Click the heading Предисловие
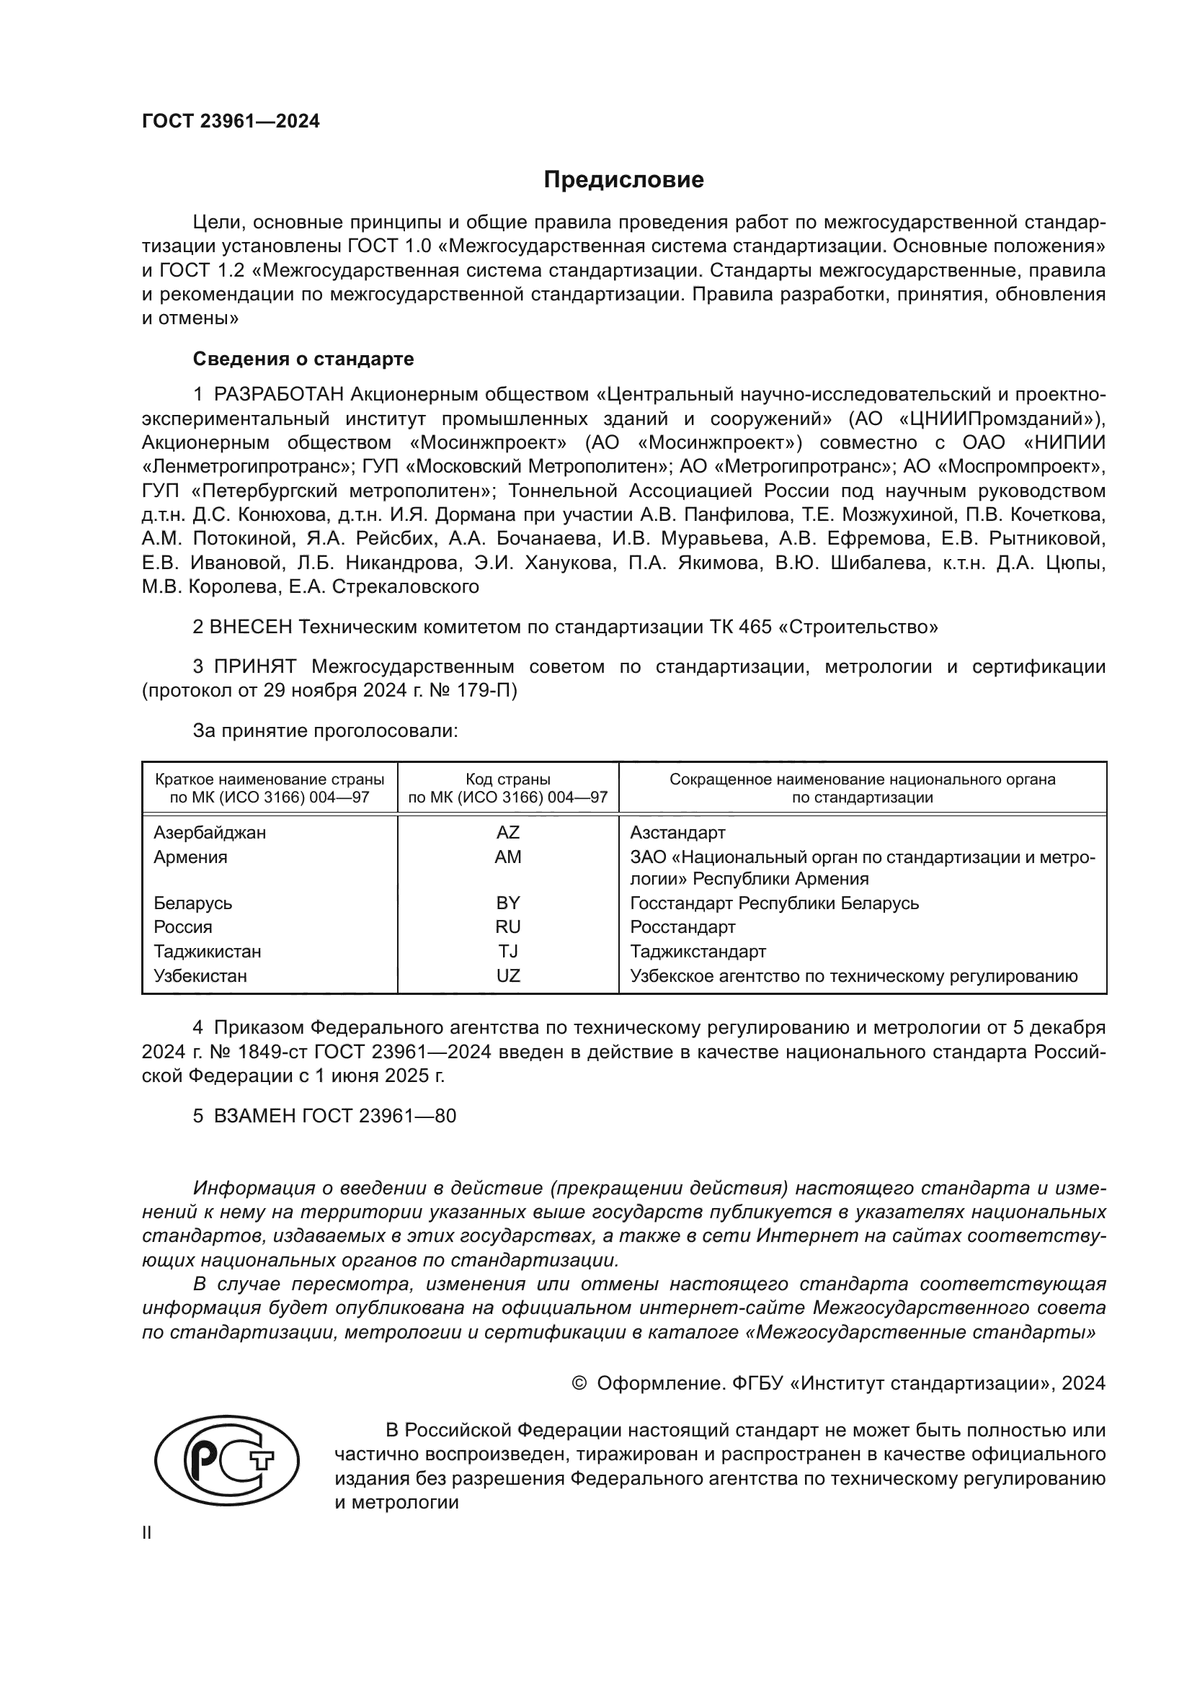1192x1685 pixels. [x=623, y=180]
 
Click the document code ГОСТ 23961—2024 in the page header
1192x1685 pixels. [x=231, y=122]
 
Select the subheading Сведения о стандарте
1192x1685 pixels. [x=303, y=359]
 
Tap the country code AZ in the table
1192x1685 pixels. [x=507, y=832]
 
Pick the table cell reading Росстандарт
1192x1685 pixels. [x=682, y=927]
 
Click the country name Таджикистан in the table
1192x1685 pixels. [x=207, y=951]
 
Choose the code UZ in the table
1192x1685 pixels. [x=507, y=975]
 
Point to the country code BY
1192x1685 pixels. [x=507, y=903]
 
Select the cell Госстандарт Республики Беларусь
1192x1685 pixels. [x=773, y=903]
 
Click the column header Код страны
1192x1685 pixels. [x=507, y=779]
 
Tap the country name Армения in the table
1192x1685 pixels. [x=190, y=857]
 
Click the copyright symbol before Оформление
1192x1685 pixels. [x=579, y=1383]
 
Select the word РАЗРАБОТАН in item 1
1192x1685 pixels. [x=279, y=395]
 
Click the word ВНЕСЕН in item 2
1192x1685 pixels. [x=251, y=627]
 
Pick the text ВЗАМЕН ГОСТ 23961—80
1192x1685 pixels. [x=334, y=1115]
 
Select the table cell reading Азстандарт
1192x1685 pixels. [x=677, y=832]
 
